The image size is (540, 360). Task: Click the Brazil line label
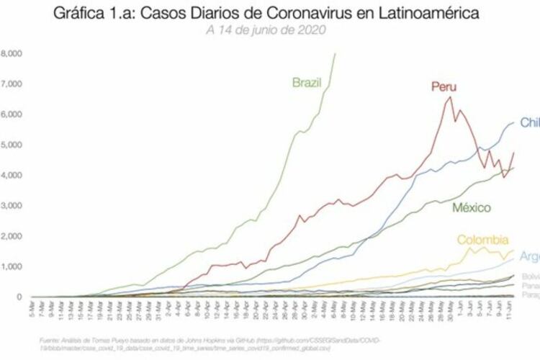click(x=307, y=82)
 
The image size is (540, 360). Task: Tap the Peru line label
click(x=444, y=87)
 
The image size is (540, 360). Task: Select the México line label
click(x=472, y=208)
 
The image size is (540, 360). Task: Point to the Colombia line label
click(x=483, y=240)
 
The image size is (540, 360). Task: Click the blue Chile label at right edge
click(x=529, y=123)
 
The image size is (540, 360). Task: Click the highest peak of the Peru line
click(x=450, y=97)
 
